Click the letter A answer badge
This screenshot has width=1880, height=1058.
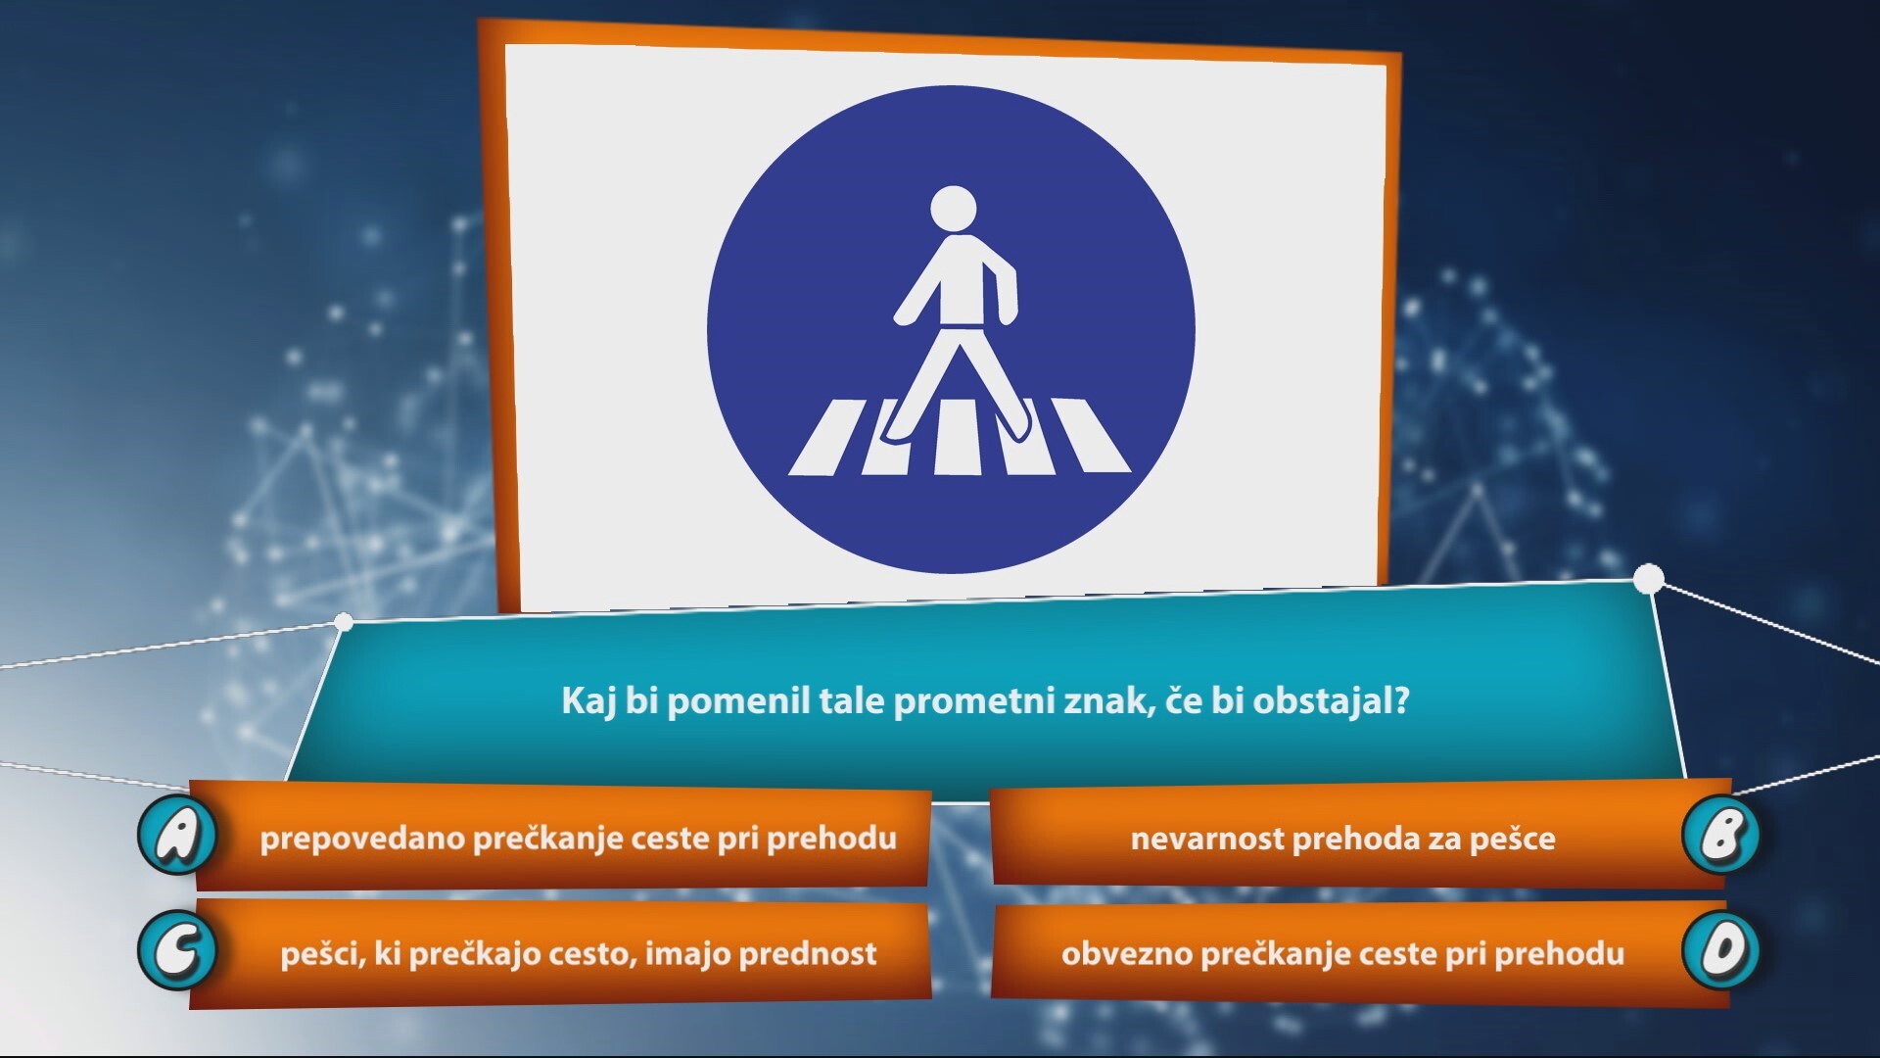tap(177, 834)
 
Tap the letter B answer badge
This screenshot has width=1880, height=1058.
tap(1720, 835)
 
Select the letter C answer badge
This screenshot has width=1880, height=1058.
tap(177, 949)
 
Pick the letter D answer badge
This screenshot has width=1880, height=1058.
tap(1720, 950)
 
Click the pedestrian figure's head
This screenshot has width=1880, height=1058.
tap(952, 211)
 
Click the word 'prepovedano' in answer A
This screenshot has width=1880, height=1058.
tap(362, 840)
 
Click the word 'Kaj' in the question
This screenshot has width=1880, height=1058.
tap(587, 702)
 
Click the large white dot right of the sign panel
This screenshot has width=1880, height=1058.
tap(1649, 579)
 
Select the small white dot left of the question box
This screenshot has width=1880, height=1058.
tap(344, 621)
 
